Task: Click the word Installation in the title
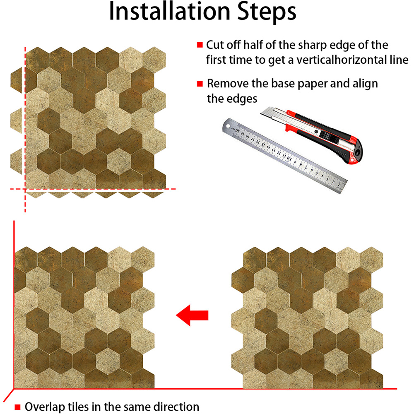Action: [169, 11]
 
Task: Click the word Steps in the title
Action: [267, 13]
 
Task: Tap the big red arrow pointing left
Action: [192, 315]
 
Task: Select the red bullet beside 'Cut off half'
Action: [200, 45]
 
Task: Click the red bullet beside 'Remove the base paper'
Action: [200, 84]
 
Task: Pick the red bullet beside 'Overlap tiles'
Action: [17, 407]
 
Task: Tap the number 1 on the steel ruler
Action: [339, 185]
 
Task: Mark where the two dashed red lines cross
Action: [25, 189]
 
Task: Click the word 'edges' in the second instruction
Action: [243, 99]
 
